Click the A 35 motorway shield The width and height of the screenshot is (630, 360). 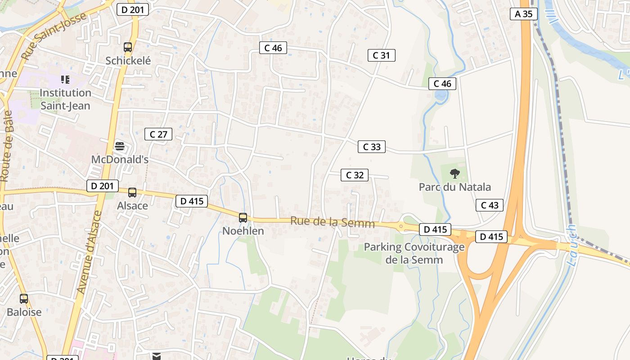tap(524, 14)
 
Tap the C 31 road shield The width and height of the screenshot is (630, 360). tap(381, 55)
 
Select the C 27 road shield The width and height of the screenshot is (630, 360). tap(158, 134)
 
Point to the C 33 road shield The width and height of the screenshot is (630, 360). tap(372, 147)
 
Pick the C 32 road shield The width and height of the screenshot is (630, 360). tap(355, 175)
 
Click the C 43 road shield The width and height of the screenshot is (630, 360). tap(490, 205)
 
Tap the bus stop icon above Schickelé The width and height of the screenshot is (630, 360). tap(128, 47)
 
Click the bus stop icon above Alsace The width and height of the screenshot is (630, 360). tap(132, 193)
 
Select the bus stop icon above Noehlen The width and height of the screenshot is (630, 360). tap(243, 218)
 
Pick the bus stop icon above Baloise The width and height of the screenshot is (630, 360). tap(24, 298)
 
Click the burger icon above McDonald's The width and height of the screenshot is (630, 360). tap(120, 146)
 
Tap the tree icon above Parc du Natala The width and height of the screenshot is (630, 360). tap(455, 173)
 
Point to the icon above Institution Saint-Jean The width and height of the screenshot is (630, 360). tap(65, 80)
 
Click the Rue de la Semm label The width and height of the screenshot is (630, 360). tap(333, 222)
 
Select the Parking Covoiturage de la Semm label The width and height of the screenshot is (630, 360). tap(414, 253)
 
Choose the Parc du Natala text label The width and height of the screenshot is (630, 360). tap(455, 187)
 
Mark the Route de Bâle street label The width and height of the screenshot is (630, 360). tap(6, 146)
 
